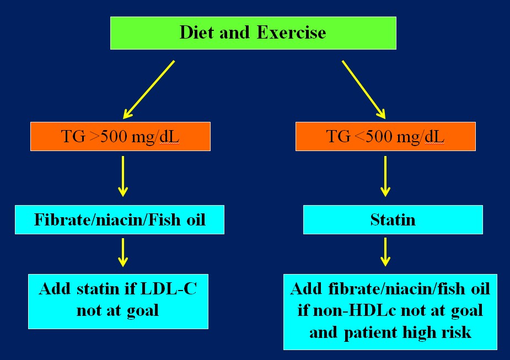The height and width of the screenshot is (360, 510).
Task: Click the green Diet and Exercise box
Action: click(x=253, y=33)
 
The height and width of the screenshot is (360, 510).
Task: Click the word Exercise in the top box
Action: click(x=291, y=33)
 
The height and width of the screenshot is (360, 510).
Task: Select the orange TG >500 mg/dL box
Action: click(x=120, y=136)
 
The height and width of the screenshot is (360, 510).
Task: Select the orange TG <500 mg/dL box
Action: click(x=385, y=136)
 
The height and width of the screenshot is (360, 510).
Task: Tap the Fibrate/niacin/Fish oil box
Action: click(x=120, y=219)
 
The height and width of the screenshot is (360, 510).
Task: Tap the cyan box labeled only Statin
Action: click(x=393, y=219)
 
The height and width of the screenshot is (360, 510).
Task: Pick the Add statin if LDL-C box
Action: click(x=118, y=302)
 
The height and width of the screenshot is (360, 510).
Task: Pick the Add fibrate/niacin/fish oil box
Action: click(x=390, y=312)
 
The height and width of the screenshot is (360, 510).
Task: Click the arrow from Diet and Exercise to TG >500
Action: click(x=149, y=89)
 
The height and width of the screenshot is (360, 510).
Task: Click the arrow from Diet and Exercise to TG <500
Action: click(x=364, y=89)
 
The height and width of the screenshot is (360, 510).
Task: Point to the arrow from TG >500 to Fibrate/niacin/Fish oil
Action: click(x=123, y=176)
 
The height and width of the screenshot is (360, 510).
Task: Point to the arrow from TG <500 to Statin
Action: click(x=385, y=176)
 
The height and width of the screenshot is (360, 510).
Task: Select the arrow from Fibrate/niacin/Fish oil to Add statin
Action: click(x=123, y=252)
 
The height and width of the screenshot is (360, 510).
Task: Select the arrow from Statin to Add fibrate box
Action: click(x=385, y=252)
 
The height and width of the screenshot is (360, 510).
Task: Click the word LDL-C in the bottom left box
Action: click(x=169, y=288)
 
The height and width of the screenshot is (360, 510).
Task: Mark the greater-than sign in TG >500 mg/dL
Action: click(x=94, y=137)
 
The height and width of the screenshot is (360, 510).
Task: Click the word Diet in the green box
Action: click(x=198, y=33)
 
